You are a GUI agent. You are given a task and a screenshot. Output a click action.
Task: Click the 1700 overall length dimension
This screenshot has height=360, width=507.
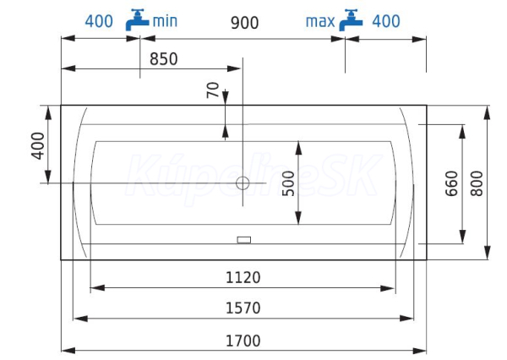243,341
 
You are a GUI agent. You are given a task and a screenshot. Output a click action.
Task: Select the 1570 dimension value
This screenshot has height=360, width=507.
243,308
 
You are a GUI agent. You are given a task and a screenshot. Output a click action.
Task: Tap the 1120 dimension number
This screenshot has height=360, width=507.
243,278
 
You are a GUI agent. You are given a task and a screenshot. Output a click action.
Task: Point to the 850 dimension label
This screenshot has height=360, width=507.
164,59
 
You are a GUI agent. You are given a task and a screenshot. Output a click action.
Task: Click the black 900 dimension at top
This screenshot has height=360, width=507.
244,23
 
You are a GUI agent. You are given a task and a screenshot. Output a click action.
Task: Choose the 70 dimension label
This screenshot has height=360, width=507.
213,90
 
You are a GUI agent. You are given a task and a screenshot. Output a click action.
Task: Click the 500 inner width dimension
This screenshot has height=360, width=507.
288,183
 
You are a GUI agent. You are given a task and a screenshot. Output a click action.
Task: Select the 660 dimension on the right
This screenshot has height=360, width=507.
451,183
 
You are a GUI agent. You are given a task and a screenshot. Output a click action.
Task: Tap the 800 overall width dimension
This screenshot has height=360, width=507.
477,183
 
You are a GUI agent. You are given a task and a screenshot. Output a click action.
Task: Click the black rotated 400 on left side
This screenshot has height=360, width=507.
38,146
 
